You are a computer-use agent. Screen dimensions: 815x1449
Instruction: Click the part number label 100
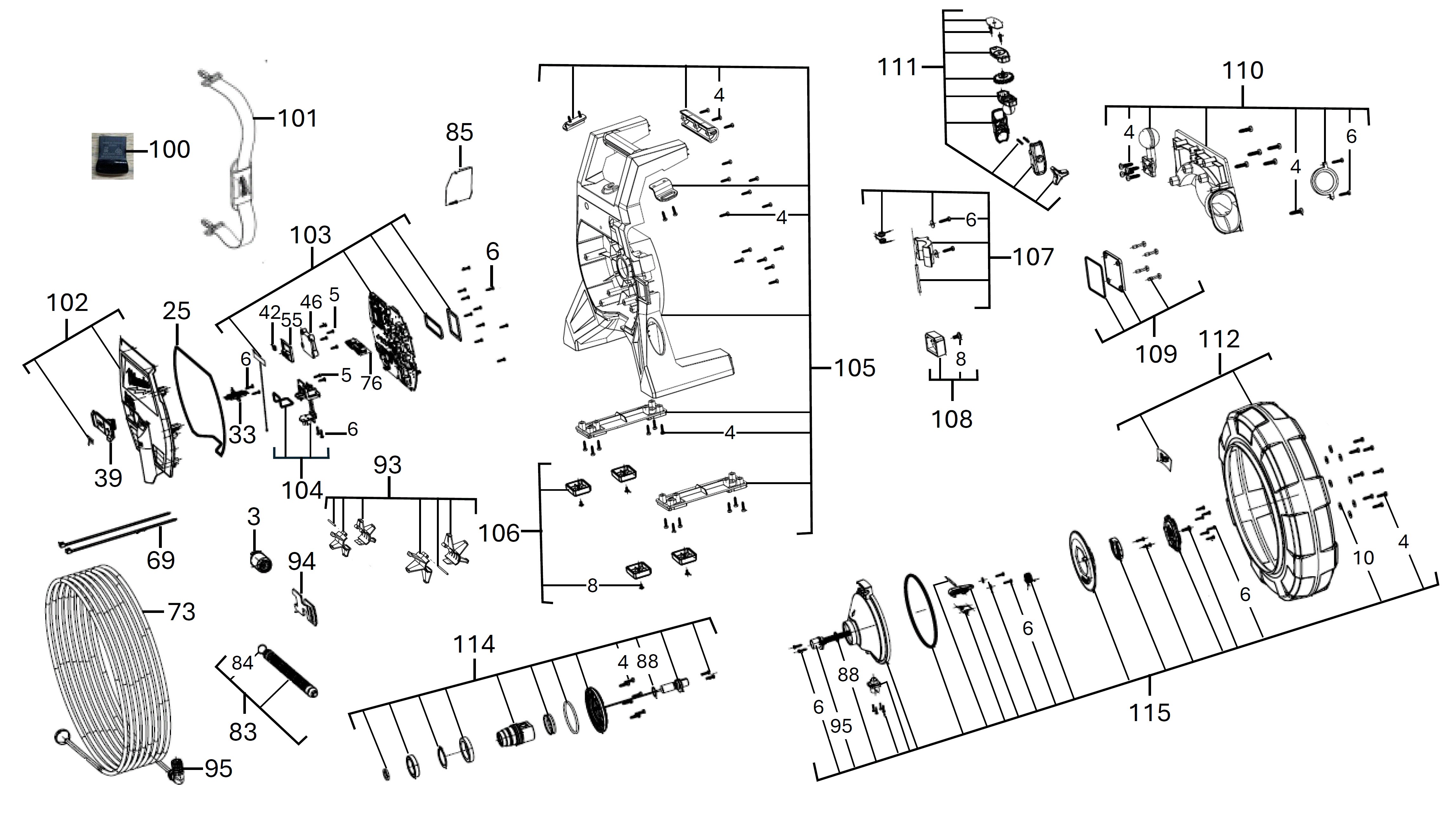pos(169,150)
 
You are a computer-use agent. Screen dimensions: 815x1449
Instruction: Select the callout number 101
pos(298,119)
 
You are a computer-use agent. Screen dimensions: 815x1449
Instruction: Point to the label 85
pos(459,133)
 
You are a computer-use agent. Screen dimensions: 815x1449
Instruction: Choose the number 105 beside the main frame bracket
pos(854,368)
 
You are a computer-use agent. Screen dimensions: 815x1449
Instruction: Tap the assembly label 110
pos(1242,71)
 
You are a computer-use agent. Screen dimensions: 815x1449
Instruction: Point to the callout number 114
pos(474,644)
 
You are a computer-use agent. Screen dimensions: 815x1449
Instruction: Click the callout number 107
pos(1033,258)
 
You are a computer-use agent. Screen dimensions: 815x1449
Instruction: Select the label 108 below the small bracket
pos(952,419)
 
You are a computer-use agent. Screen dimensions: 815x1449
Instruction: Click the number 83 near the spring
pos(243,732)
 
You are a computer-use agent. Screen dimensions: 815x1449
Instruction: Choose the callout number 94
pos(302,561)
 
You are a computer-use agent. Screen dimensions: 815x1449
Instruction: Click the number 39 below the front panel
pos(108,478)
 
